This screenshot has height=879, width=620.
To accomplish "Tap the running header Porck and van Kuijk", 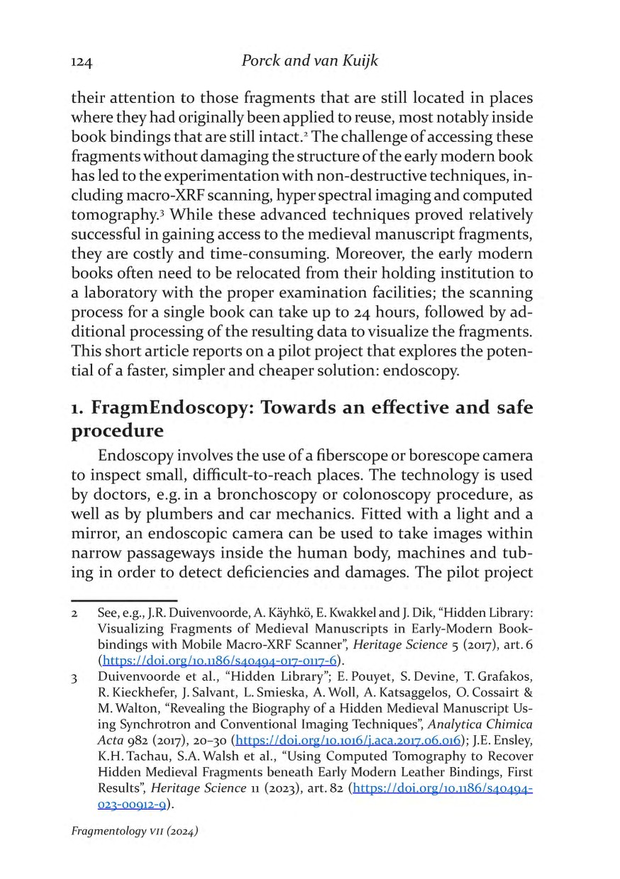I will tap(310, 61).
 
